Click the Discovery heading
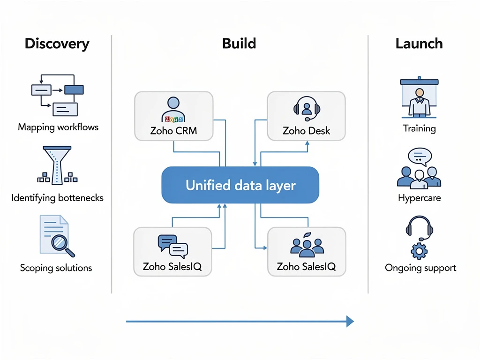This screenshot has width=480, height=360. (57, 44)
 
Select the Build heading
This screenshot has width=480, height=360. (239, 44)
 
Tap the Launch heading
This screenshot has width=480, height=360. (419, 44)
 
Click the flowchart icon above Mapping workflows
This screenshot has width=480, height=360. (57, 94)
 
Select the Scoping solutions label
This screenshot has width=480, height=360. (56, 268)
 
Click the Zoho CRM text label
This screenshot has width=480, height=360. (173, 131)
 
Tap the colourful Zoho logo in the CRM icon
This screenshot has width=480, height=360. (173, 119)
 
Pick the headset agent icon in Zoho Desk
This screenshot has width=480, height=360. (307, 107)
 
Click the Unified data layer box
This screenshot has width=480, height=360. (240, 185)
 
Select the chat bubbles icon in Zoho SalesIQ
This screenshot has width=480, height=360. (172, 246)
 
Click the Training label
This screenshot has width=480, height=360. (419, 128)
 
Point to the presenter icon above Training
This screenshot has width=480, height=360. (419, 98)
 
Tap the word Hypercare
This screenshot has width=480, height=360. (419, 198)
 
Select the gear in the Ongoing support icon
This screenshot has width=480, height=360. (419, 251)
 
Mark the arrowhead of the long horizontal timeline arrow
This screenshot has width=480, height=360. (349, 321)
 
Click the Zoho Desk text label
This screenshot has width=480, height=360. (307, 131)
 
